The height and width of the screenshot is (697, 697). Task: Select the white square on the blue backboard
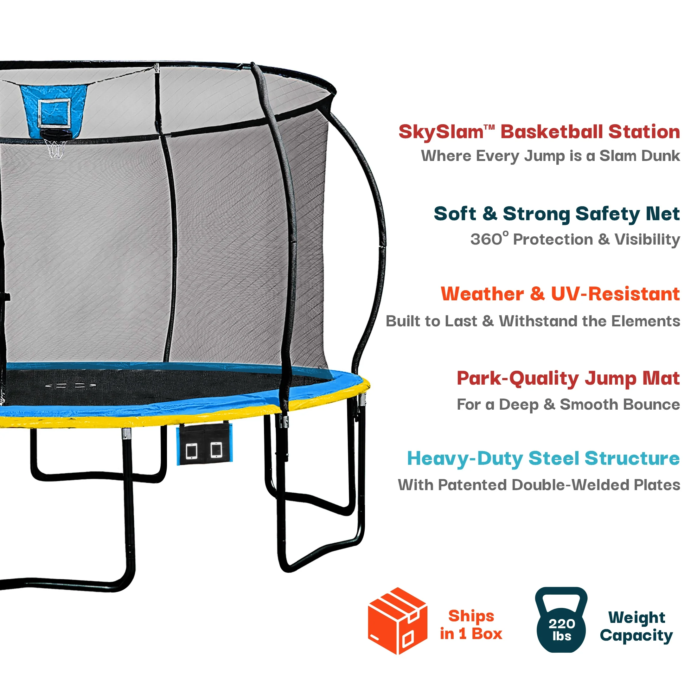pyautogui.click(x=54, y=112)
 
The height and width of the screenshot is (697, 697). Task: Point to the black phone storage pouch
pyautogui.click(x=205, y=444)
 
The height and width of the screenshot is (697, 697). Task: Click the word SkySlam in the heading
pyautogui.click(x=441, y=132)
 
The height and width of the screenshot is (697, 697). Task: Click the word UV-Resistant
pyautogui.click(x=615, y=294)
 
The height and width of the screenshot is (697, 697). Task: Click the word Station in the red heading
pyautogui.click(x=644, y=132)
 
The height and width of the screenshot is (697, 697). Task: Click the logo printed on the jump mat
pyautogui.click(x=71, y=386)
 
